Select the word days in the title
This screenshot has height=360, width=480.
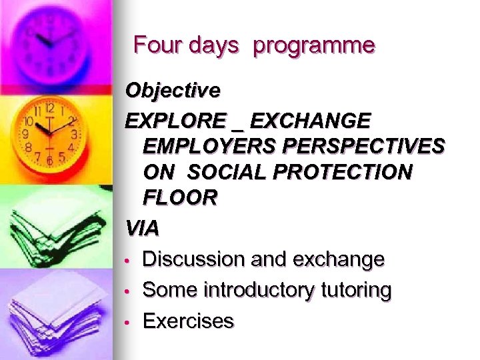[x=213, y=45]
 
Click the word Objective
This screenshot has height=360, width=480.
[x=173, y=89]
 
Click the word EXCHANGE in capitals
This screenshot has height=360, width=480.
[x=311, y=121]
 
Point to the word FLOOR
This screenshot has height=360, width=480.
[x=179, y=197]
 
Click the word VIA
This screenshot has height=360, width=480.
[x=143, y=229]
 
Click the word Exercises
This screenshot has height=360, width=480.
[x=189, y=321]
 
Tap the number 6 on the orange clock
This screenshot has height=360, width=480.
[x=49, y=160]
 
